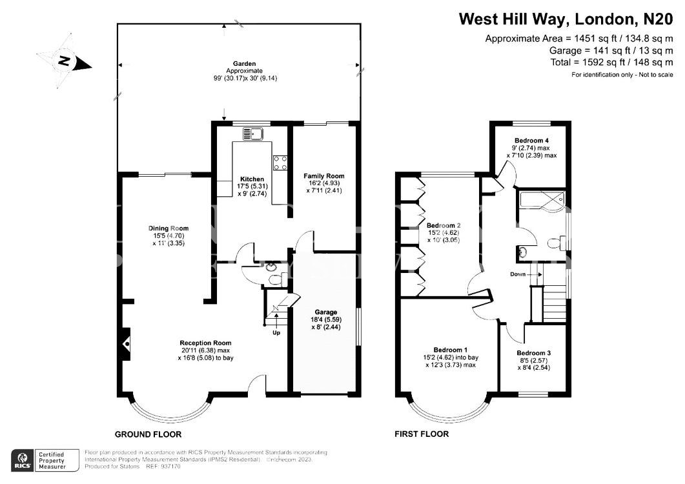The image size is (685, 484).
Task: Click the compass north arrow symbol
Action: (x=65, y=61)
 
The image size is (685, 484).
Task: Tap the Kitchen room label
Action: (x=252, y=179)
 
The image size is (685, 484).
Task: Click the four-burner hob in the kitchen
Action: (x=280, y=163)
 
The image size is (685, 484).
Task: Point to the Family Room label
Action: (x=324, y=176)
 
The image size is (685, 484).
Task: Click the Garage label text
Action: (x=326, y=312)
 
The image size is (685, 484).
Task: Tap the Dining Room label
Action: (x=169, y=228)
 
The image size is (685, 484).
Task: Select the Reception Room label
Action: (x=206, y=343)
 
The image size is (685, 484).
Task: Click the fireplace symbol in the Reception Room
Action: (x=127, y=344)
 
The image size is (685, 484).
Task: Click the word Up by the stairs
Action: (x=276, y=333)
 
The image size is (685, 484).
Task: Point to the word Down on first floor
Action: (x=518, y=274)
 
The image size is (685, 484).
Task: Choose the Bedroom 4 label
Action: (x=531, y=141)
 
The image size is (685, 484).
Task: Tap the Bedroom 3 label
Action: (x=534, y=353)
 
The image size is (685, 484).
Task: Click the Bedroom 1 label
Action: (x=451, y=350)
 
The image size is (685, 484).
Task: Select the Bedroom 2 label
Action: (x=444, y=226)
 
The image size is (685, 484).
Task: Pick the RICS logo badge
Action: (x=23, y=460)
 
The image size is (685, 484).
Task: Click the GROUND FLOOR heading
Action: (x=148, y=434)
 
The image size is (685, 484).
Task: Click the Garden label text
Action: (x=244, y=64)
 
